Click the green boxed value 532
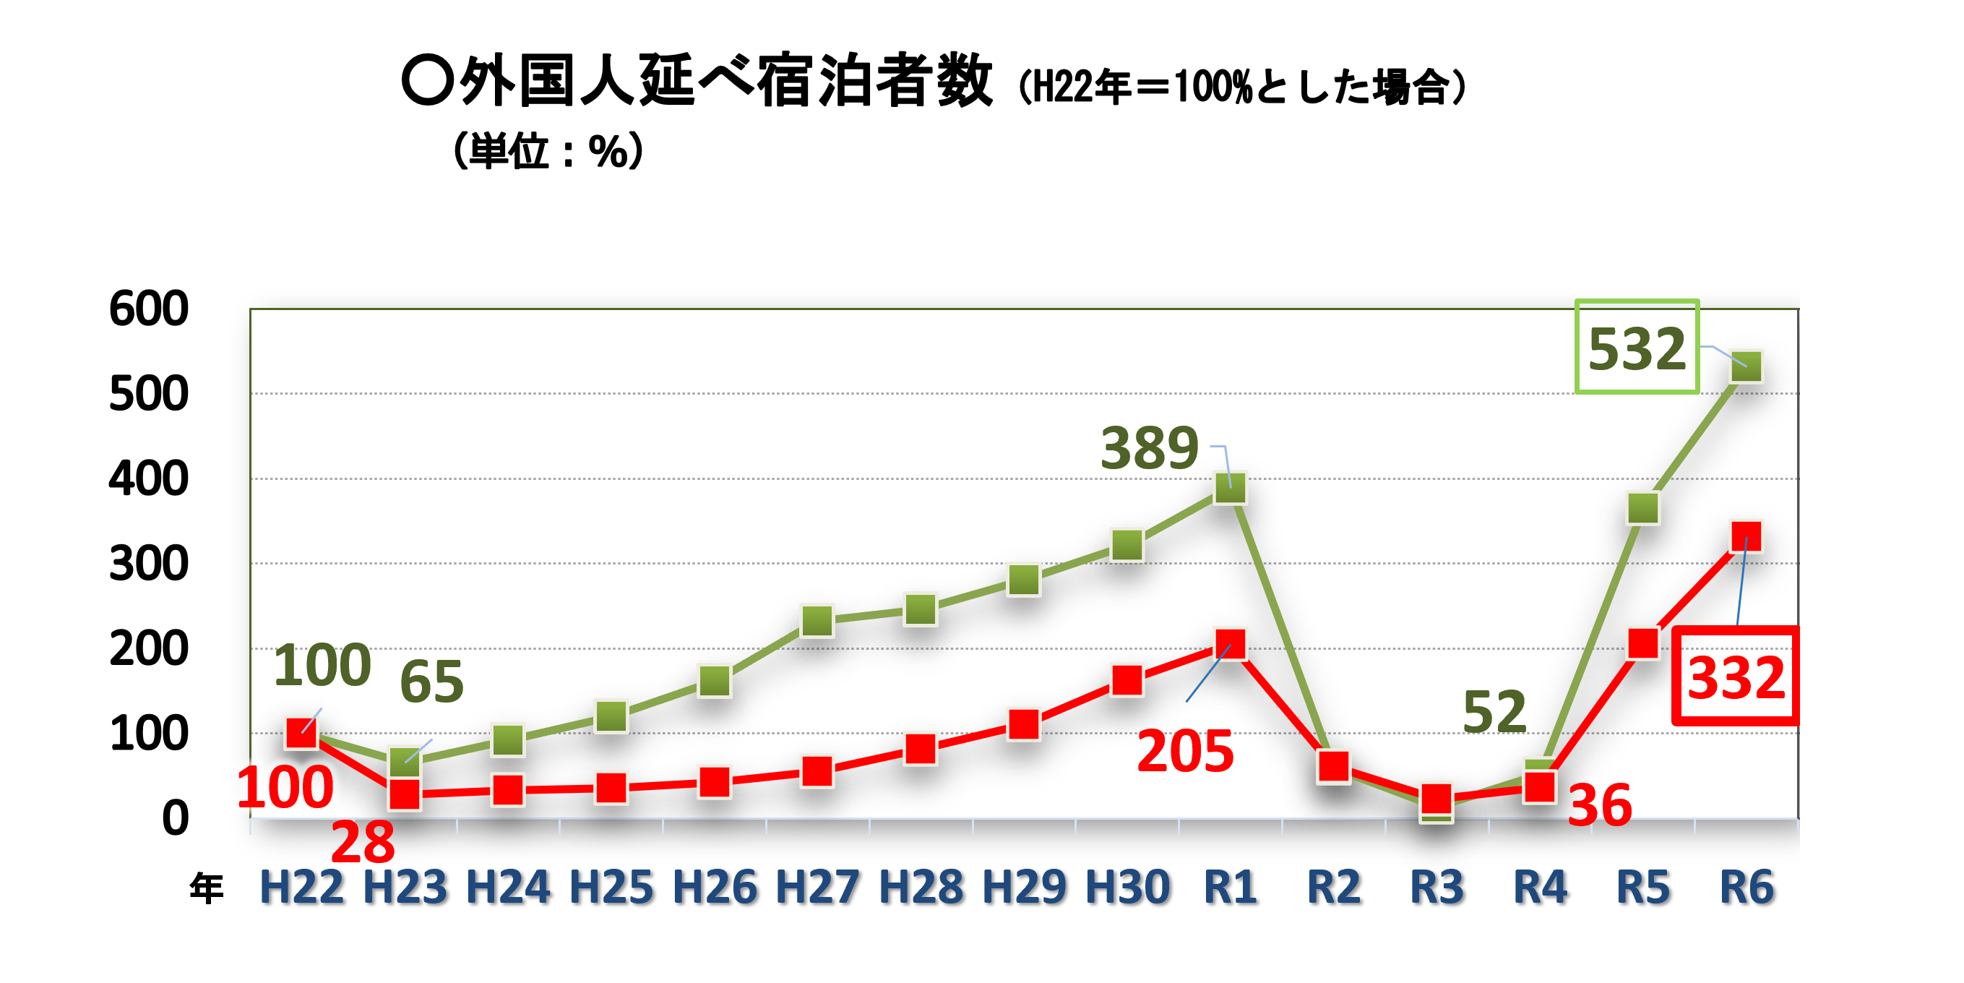(x=1636, y=348)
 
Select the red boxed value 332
(x=1735, y=677)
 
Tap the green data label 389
(x=1149, y=448)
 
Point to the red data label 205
(x=1185, y=751)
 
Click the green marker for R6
(x=1746, y=366)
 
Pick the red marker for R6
(x=1746, y=537)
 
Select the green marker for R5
(x=1643, y=509)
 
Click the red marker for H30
(x=1127, y=680)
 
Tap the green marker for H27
(x=817, y=621)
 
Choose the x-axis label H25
(x=611, y=887)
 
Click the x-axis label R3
(x=1437, y=887)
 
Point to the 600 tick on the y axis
(x=149, y=309)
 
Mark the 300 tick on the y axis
(x=149, y=565)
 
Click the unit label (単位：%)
(x=548, y=151)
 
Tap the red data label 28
(x=363, y=843)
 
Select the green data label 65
(x=431, y=682)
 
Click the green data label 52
(x=1494, y=712)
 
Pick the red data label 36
(x=1600, y=805)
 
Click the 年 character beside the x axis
(x=206, y=888)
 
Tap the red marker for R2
(x=1333, y=766)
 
